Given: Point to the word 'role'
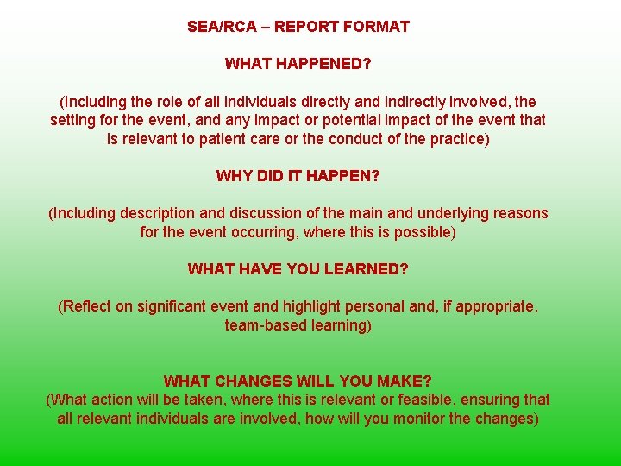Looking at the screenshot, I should pyautogui.click(x=156, y=102).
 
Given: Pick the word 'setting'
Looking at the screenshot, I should pyautogui.click(x=73, y=120).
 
